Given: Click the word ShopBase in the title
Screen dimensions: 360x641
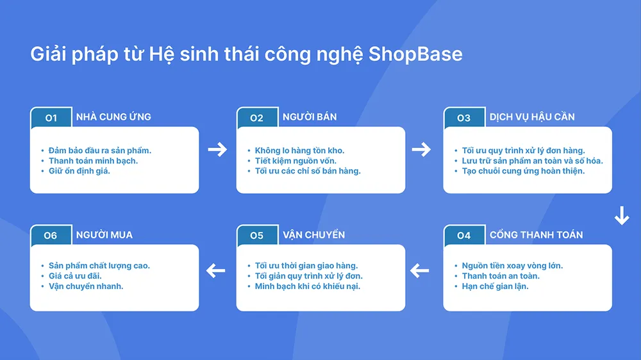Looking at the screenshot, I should point(415,54).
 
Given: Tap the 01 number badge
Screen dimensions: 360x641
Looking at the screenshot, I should point(51,117).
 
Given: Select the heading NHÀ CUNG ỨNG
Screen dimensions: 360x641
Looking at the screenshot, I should point(113,117).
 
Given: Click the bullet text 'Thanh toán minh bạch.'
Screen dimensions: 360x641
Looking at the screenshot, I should point(93,161).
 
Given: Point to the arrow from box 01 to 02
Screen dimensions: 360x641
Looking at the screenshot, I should point(218,150).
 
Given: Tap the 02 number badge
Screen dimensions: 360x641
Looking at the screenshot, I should point(256,117).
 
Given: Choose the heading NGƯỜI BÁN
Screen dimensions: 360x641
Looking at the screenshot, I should point(310,117).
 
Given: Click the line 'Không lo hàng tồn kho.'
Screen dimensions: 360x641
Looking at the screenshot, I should point(299,151).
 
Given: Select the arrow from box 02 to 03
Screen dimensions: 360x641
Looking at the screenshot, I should point(421,150).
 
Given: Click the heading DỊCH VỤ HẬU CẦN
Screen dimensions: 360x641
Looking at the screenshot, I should point(532,117).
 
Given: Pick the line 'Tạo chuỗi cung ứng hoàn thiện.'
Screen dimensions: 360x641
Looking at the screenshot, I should point(523,171).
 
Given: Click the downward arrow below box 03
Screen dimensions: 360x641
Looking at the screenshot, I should point(621,216).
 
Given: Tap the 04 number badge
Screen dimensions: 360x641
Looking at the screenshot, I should point(463,235).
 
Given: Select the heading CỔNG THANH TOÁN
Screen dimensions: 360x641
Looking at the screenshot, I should point(536,234).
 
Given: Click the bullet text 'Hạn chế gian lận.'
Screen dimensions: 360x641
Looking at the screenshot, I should point(495,286).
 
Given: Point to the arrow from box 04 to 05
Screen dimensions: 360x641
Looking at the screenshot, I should point(419,271).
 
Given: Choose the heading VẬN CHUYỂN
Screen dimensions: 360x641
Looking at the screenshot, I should point(313,234).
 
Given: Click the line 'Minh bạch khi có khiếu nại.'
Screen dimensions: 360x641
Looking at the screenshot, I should point(307,286).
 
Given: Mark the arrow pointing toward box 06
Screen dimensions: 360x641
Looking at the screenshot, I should point(216,271).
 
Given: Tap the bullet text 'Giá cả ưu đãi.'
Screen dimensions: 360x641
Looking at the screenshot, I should point(75,276).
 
